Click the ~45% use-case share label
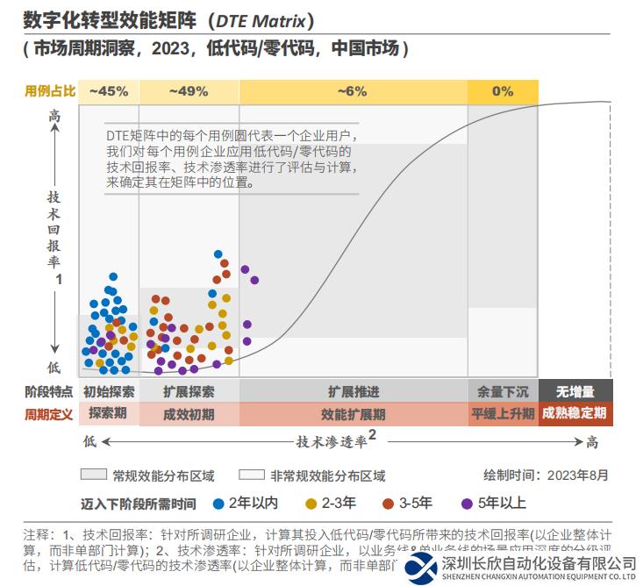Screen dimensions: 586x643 coord(109,90)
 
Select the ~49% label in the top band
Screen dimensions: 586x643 coord(189,90)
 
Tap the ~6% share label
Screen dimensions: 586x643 coord(352,90)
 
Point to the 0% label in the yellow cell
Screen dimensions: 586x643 coord(503,90)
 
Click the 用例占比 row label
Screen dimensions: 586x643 coord(48,90)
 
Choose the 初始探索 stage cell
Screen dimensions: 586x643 coord(109,391)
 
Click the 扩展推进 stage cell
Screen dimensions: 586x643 coord(354,391)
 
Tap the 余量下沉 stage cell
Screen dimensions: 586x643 coord(503,391)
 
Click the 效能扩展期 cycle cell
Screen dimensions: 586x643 coord(354,413)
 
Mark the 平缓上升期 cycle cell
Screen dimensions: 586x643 coord(503,413)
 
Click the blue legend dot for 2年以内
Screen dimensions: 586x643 coord(218,504)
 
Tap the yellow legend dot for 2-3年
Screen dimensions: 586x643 coord(311,504)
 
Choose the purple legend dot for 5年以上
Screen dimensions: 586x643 coord(468,504)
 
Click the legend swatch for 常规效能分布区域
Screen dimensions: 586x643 coord(93,475)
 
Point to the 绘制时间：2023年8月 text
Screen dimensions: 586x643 coord(545,475)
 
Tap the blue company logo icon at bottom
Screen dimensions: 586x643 coord(421,568)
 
